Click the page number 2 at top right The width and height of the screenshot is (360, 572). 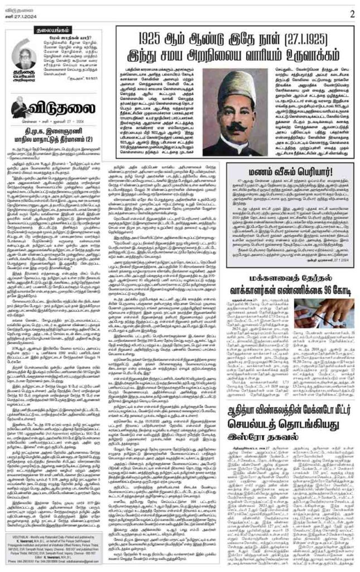point(352,13)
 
